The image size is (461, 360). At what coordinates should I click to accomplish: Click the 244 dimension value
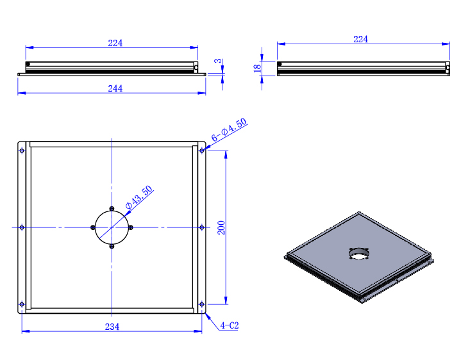tap(115, 88)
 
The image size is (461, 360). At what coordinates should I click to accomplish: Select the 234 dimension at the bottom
tap(112, 327)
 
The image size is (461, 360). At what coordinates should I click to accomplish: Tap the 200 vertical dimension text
tap(221, 227)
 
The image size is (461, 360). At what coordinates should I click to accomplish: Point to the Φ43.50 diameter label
tap(139, 197)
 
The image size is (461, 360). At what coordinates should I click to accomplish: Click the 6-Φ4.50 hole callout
tap(229, 130)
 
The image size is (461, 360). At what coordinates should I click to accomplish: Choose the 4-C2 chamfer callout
tap(230, 325)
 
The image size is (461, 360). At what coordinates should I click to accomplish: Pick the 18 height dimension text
tap(257, 69)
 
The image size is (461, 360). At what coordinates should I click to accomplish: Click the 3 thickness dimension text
tap(217, 61)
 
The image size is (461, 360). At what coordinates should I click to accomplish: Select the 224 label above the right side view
tap(360, 39)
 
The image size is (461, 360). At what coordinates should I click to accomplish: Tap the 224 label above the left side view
tap(115, 43)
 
